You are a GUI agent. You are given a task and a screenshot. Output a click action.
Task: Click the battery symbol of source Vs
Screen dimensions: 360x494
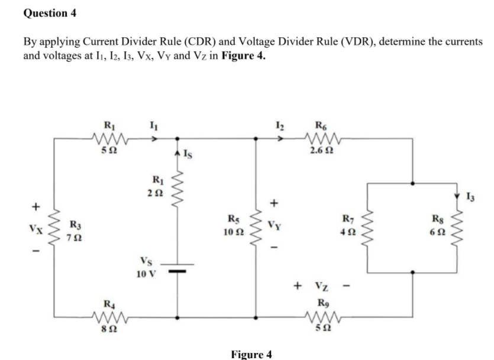click(x=177, y=270)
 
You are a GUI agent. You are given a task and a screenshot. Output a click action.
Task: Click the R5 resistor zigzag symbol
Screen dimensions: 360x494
click(x=256, y=229)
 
